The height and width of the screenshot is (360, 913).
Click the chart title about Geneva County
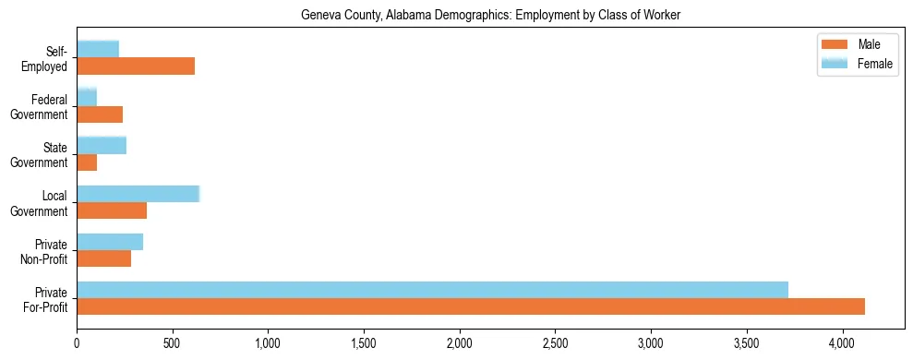490,16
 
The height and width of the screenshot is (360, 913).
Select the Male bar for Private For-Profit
471,306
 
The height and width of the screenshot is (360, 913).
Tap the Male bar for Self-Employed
136,66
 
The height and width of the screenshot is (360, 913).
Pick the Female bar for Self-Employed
98,49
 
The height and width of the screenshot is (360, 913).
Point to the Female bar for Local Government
138,193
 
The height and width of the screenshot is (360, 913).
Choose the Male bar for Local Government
112,210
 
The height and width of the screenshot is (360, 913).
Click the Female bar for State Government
102,145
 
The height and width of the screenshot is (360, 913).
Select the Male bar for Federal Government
100,114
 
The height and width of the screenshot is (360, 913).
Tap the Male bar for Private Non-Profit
103,258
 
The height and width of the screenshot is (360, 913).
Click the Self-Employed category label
50,58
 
